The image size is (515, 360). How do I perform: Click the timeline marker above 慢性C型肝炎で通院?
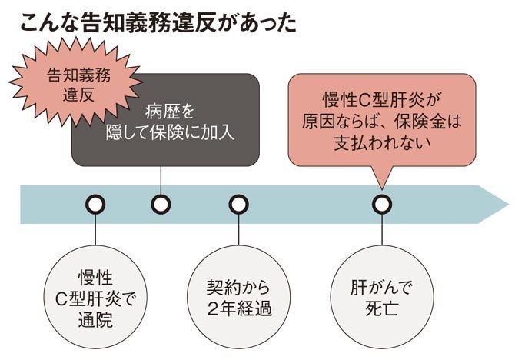pos(95,205)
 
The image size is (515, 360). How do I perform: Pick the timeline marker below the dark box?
pos(160,205)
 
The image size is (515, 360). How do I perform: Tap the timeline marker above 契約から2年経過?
pos(239,205)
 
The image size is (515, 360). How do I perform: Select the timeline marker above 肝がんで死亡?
pos(382,205)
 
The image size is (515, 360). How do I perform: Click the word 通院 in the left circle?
pos(95,319)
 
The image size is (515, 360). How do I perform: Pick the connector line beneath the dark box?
pos(160,180)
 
